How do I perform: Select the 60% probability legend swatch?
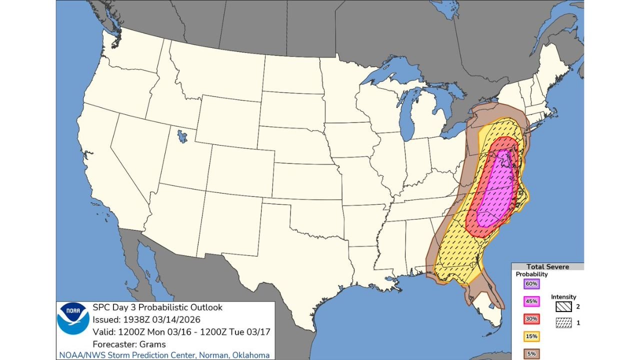point(531,284)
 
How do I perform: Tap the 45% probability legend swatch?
point(531,301)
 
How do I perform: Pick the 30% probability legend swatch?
point(531,318)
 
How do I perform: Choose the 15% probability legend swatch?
point(531,336)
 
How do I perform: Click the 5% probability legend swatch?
point(531,353)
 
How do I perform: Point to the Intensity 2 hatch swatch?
point(563,306)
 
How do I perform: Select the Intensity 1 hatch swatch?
point(563,323)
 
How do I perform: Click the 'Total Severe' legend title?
point(547,266)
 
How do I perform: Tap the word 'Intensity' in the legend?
point(563,297)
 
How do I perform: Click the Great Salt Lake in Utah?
point(182,136)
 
